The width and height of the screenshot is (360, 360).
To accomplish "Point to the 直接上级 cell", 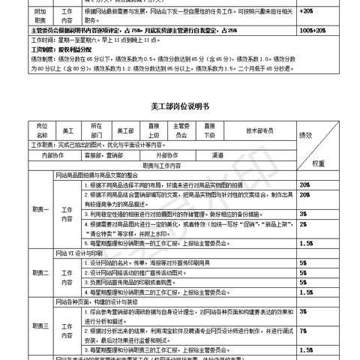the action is pyautogui.click(x=154, y=130).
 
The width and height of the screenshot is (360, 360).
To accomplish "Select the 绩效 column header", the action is pyautogui.click(x=307, y=135).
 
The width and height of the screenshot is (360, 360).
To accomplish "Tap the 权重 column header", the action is pyautogui.click(x=318, y=163).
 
